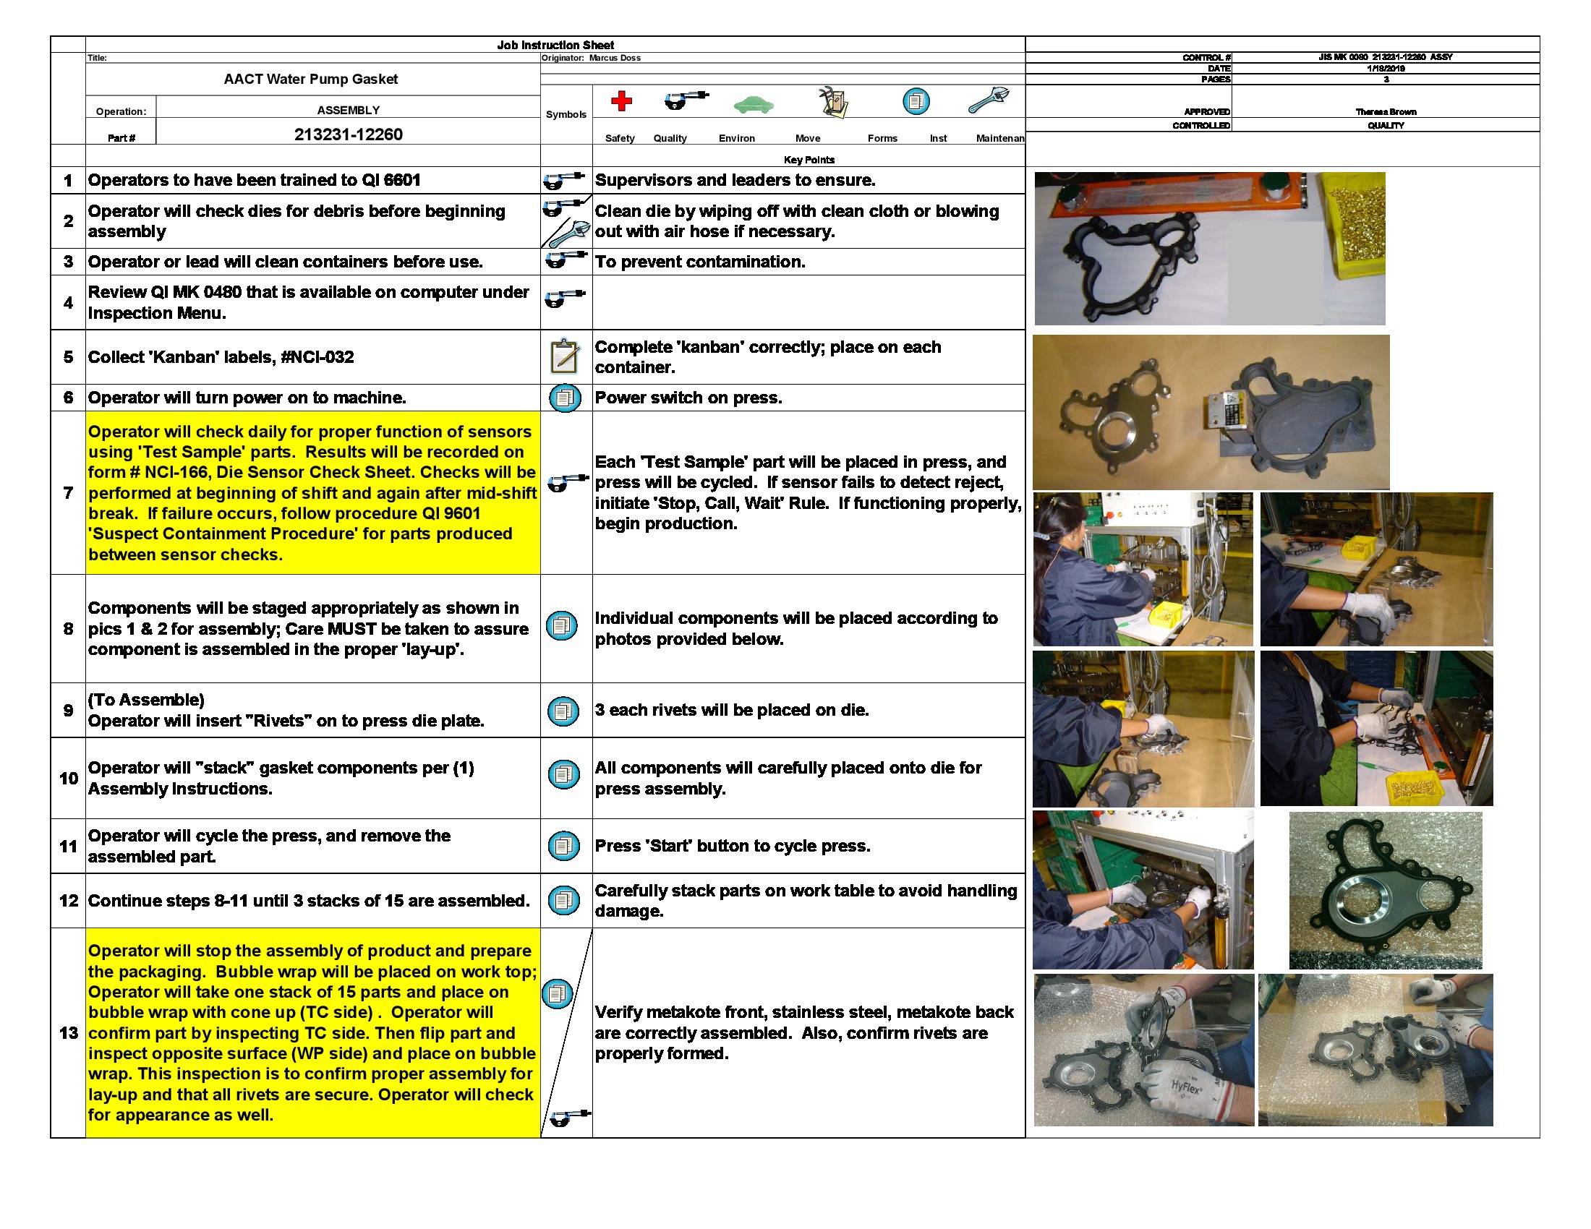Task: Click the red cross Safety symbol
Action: coord(620,100)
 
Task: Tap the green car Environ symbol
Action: coord(754,105)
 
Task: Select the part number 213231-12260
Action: coord(349,134)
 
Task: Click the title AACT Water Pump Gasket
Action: coord(310,80)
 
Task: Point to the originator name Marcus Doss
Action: coord(615,59)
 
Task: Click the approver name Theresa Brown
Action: coord(1386,112)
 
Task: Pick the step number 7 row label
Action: coord(68,493)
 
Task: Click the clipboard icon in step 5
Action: coord(564,356)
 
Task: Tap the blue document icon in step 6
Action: coord(565,398)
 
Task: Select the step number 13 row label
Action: coord(69,1033)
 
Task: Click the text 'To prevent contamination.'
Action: coord(700,262)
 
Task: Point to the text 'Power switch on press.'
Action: coord(688,398)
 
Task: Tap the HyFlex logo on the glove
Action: coord(1185,1087)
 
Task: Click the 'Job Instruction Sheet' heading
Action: coord(555,45)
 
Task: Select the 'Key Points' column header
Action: coord(809,160)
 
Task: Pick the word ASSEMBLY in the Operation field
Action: coord(349,111)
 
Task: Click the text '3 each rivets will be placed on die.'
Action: coord(731,710)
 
